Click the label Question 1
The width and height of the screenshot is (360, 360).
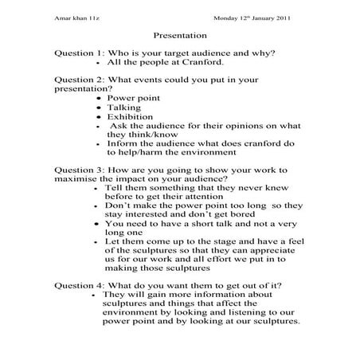point(79,53)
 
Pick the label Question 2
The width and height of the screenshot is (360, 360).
point(79,80)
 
